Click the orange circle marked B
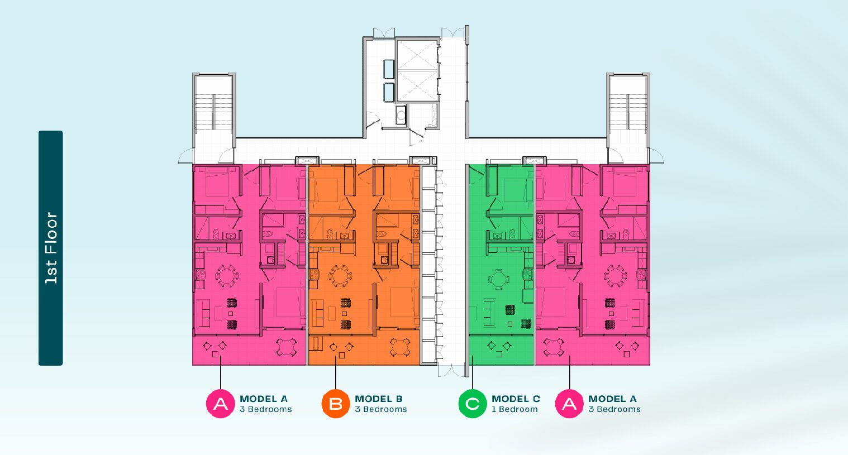pos(335,404)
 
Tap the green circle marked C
pos(472,404)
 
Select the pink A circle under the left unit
pos(220,404)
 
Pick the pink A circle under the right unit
pos(569,404)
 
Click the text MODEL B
pos(379,399)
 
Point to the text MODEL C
pos(516,399)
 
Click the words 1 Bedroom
pos(514,409)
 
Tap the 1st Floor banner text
pos(51,248)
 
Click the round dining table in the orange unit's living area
pos(340,276)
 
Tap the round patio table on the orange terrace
pos(400,347)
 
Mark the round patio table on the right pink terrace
pos(554,347)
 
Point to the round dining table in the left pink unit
pos(227,276)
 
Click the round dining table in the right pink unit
pos(615,276)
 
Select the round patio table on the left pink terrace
pos(286,347)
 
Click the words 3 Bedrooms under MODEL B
pos(381,409)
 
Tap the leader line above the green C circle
pos(472,372)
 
